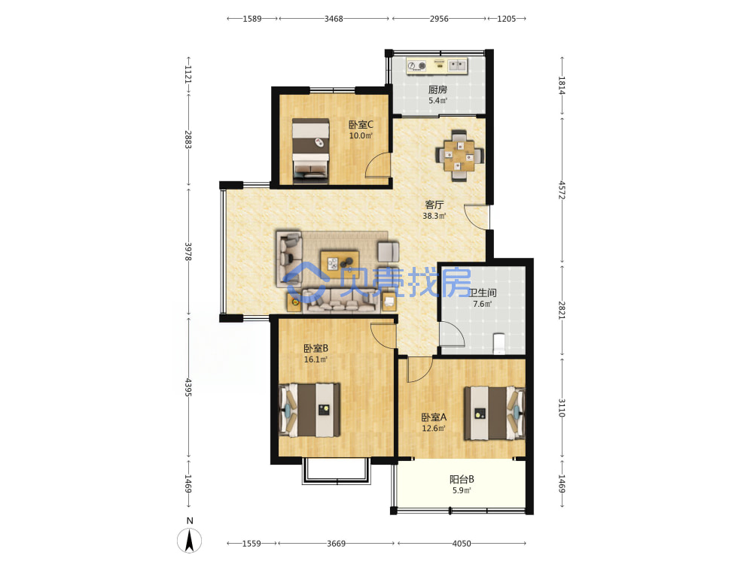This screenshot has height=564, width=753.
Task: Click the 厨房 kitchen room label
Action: pyautogui.click(x=437, y=89)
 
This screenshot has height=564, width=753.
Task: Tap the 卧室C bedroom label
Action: pyautogui.click(x=361, y=125)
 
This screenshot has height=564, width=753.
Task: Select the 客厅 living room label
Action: pyautogui.click(x=434, y=205)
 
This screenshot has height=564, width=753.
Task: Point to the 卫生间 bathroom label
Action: pyautogui.click(x=482, y=293)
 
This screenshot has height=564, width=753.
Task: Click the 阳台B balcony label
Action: pyautogui.click(x=462, y=479)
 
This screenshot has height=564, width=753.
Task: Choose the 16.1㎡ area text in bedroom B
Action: pyautogui.click(x=316, y=359)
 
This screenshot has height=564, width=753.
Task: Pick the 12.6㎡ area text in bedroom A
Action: pyautogui.click(x=434, y=429)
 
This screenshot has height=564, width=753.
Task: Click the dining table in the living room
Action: pyautogui.click(x=459, y=156)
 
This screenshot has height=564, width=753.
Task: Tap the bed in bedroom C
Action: pyautogui.click(x=311, y=151)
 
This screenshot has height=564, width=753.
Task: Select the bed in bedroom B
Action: pyautogui.click(x=309, y=410)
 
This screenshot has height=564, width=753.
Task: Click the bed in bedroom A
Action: pyautogui.click(x=494, y=413)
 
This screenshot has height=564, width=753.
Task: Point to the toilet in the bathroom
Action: pyautogui.click(x=499, y=344)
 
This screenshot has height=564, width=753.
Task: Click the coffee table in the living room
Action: pyautogui.click(x=340, y=262)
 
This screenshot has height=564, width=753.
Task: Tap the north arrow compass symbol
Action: pyautogui.click(x=190, y=540)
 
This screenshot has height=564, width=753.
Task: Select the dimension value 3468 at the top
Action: pyautogui.click(x=334, y=19)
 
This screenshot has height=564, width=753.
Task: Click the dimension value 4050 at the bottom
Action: pyautogui.click(x=462, y=544)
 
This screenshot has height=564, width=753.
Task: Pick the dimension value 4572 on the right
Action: pyautogui.click(x=562, y=190)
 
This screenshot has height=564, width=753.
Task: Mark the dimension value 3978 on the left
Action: pyautogui.click(x=187, y=251)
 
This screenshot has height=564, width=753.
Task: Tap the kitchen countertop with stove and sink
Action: pyautogui.click(x=437, y=65)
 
